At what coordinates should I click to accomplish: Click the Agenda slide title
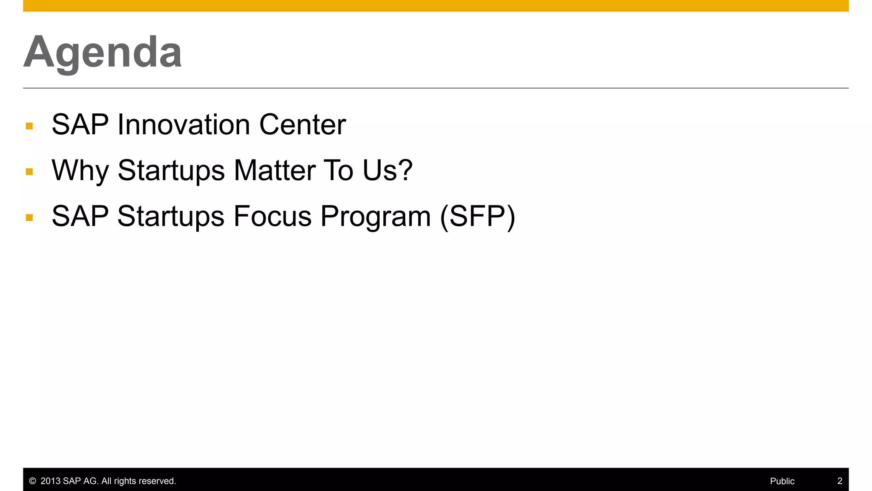pyautogui.click(x=103, y=52)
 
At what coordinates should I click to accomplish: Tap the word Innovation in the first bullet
pyautogui.click(x=184, y=125)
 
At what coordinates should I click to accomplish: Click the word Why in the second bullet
pyautogui.click(x=80, y=171)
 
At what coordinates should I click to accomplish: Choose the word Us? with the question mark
pyautogui.click(x=387, y=170)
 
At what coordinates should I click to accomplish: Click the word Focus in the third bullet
pyautogui.click(x=272, y=216)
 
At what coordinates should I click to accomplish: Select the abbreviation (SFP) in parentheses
pyautogui.click(x=477, y=217)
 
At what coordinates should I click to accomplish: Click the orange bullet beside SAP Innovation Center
pyautogui.click(x=29, y=126)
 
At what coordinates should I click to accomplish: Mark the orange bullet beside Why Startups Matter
pyautogui.click(x=29, y=172)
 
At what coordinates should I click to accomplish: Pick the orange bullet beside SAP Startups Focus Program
pyautogui.click(x=29, y=218)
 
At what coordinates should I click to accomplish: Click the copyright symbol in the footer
pyautogui.click(x=32, y=481)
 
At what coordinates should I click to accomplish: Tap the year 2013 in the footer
pyautogui.click(x=50, y=481)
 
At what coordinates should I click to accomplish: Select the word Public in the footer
pyautogui.click(x=782, y=481)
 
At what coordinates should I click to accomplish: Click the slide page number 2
pyautogui.click(x=840, y=481)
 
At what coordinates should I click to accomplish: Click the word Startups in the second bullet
pyautogui.click(x=171, y=171)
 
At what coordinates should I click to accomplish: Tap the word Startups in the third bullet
pyautogui.click(x=171, y=217)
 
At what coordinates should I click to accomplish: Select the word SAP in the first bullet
pyautogui.click(x=80, y=125)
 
